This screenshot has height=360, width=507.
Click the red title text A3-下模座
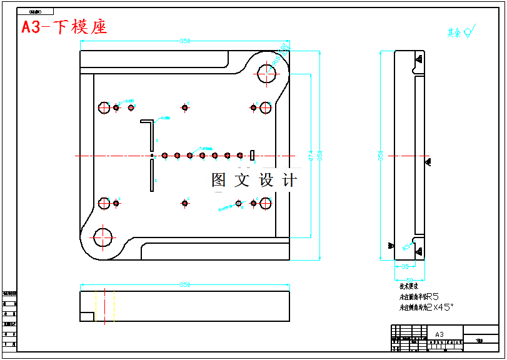click(x=64, y=27)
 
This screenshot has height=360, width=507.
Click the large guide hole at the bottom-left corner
click(x=102, y=237)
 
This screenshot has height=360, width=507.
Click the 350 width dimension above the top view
click(x=185, y=41)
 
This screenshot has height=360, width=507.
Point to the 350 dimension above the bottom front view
click(x=185, y=285)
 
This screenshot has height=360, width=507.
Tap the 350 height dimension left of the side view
click(x=380, y=155)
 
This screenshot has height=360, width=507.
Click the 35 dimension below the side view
click(x=404, y=267)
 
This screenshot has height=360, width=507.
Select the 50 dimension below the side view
click(x=409, y=281)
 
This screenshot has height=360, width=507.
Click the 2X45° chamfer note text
click(x=439, y=307)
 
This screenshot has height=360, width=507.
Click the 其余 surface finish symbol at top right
click(x=462, y=31)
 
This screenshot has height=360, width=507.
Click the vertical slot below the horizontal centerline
click(x=152, y=176)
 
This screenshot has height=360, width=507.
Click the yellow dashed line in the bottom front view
click(x=114, y=306)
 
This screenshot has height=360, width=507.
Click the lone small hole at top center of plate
click(x=185, y=107)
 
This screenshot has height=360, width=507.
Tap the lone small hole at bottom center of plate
click(x=185, y=202)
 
